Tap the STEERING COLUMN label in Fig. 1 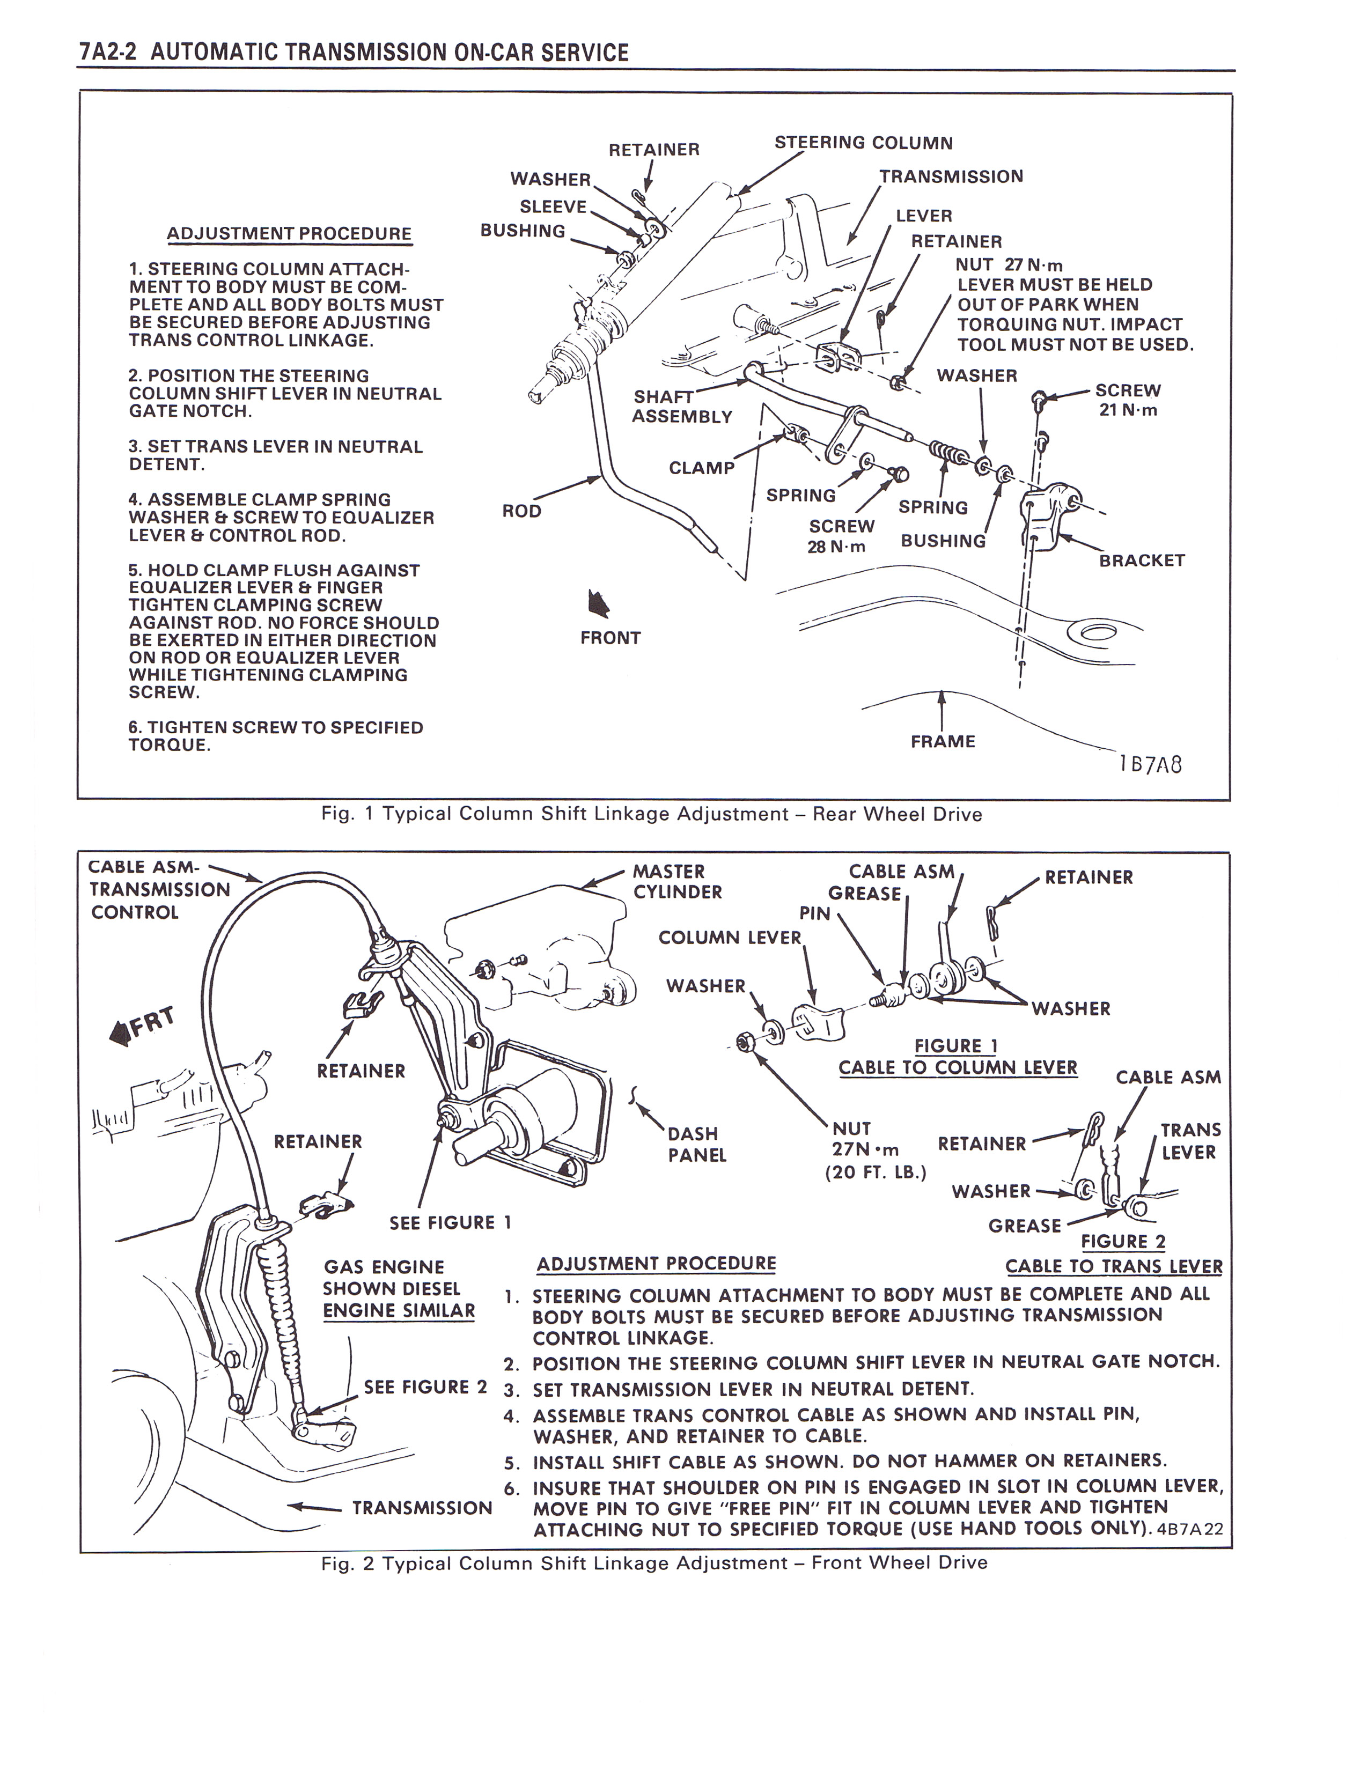[863, 143]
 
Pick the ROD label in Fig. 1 [521, 511]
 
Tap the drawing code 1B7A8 [1150, 764]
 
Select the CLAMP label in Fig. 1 [701, 468]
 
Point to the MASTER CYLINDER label [676, 882]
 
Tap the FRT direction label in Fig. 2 [143, 1024]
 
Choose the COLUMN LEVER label [730, 938]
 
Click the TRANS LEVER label [1189, 1141]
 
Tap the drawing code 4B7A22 [1190, 1529]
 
